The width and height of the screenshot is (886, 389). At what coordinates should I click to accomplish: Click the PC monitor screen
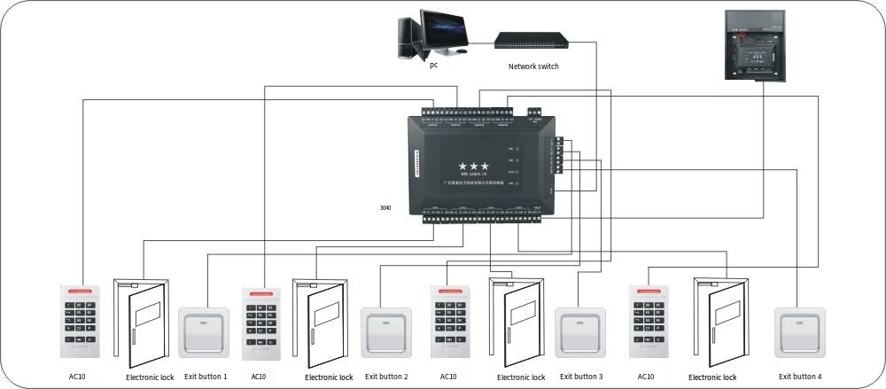click(446, 30)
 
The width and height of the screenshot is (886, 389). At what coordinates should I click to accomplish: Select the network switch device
click(530, 41)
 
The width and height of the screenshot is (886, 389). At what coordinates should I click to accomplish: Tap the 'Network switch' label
click(533, 66)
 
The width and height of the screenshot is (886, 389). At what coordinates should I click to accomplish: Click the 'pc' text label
click(433, 65)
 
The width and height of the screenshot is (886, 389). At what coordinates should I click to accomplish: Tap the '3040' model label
click(385, 208)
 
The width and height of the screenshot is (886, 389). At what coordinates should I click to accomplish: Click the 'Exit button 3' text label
click(579, 377)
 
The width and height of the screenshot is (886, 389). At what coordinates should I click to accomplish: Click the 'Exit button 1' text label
click(206, 377)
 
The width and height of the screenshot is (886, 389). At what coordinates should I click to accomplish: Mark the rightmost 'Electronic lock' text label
click(712, 377)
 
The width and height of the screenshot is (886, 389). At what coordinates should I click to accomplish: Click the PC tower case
click(408, 37)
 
